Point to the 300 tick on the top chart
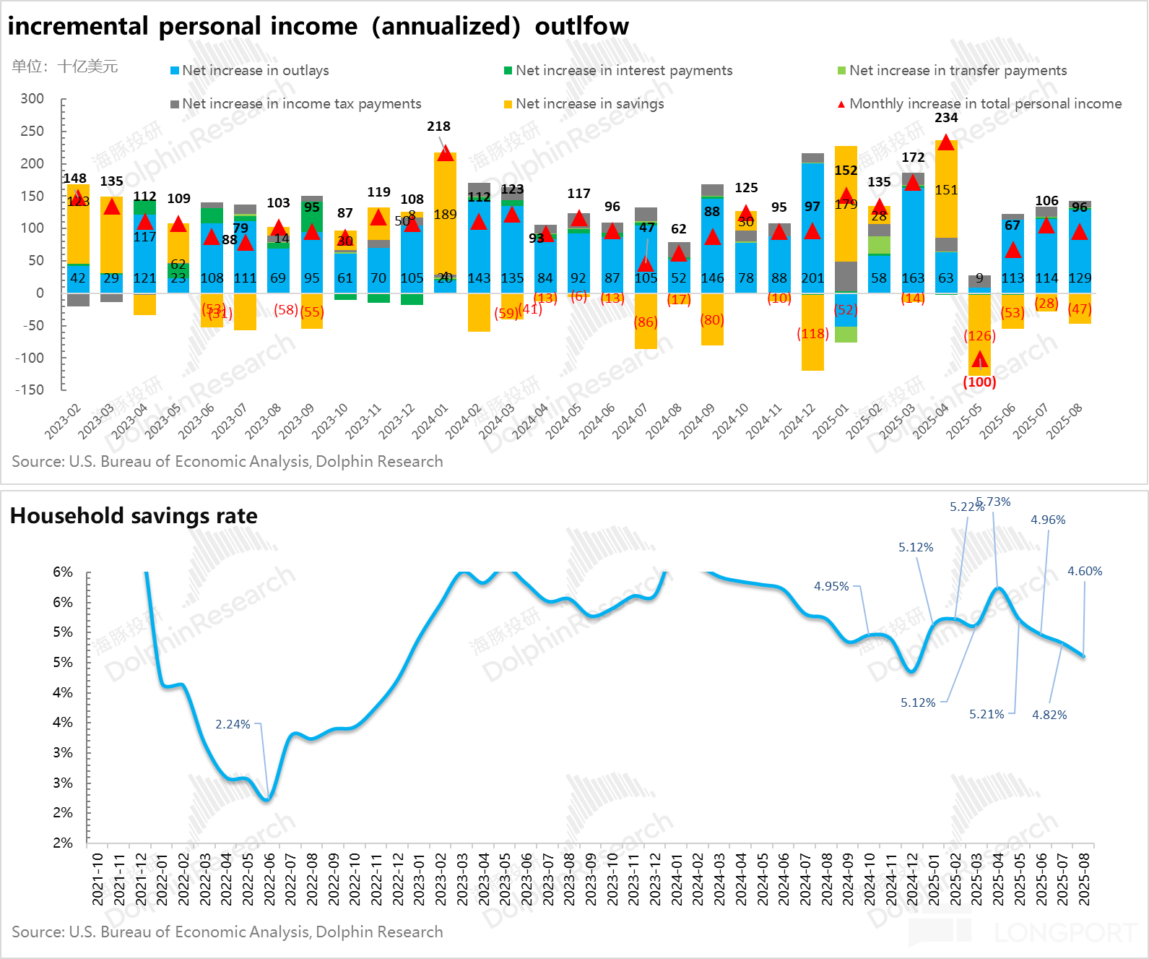(x=32, y=98)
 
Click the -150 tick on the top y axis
(x=30, y=390)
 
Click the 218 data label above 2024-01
(x=438, y=126)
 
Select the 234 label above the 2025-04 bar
(x=946, y=117)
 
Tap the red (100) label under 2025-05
(x=979, y=382)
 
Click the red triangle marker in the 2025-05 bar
(x=979, y=360)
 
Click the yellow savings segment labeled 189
(x=445, y=214)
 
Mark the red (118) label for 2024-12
(x=812, y=333)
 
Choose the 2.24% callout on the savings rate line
(x=233, y=724)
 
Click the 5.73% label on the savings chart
(x=994, y=502)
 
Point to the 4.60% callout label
(x=1085, y=571)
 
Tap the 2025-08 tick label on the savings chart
(x=1084, y=879)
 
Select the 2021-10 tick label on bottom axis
(x=97, y=879)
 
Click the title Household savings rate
(x=134, y=515)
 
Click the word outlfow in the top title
(x=581, y=26)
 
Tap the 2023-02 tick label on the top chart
(x=62, y=421)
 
